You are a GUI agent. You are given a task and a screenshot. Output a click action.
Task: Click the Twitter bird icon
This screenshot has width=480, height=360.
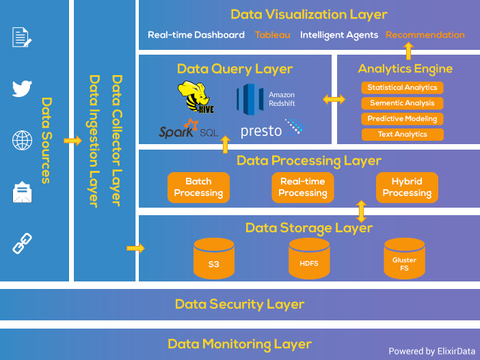tap(23, 89)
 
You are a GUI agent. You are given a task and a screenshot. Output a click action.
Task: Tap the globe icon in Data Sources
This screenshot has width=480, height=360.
tap(23, 141)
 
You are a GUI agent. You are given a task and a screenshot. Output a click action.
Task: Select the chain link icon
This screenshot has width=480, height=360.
tap(23, 243)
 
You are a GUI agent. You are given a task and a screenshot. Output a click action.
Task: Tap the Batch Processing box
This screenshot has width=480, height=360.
tap(198, 187)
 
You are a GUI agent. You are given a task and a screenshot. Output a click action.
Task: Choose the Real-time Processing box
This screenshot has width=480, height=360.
tap(302, 187)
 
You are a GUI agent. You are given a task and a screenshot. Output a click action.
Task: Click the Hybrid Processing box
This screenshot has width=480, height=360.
tap(407, 187)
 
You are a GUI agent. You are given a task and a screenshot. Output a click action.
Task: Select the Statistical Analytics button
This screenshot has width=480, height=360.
tap(402, 87)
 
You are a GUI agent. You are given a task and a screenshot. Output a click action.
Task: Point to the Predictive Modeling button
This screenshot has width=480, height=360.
tap(402, 119)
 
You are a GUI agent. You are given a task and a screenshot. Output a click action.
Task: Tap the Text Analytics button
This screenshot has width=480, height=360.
tap(402, 135)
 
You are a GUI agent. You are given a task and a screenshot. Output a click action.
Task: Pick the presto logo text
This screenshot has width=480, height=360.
tap(261, 130)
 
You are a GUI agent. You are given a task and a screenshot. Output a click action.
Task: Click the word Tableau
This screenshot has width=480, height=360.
tap(272, 35)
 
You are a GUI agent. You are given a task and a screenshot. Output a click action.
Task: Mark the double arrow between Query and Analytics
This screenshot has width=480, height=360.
tap(334, 100)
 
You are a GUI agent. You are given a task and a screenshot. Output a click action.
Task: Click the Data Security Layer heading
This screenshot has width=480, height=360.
tap(239, 304)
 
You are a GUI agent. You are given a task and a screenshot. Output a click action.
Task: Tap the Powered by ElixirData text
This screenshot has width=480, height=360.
tap(431, 351)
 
